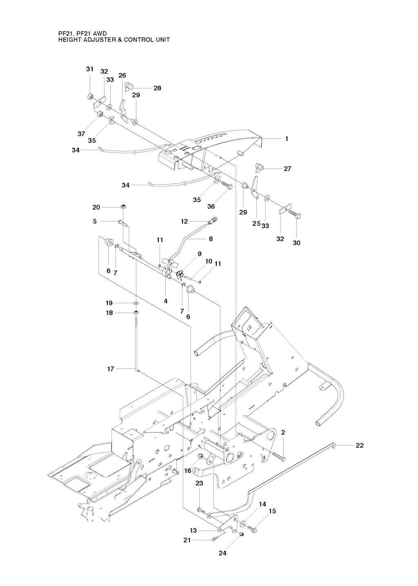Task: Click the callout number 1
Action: (287, 138)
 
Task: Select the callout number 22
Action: (360, 445)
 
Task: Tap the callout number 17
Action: (111, 369)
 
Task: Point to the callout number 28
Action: (157, 88)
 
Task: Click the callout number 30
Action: (296, 243)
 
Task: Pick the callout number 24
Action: (223, 553)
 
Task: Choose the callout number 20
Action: (96, 207)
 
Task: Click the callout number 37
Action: (81, 134)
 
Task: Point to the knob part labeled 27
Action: (259, 167)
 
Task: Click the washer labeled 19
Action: (136, 303)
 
